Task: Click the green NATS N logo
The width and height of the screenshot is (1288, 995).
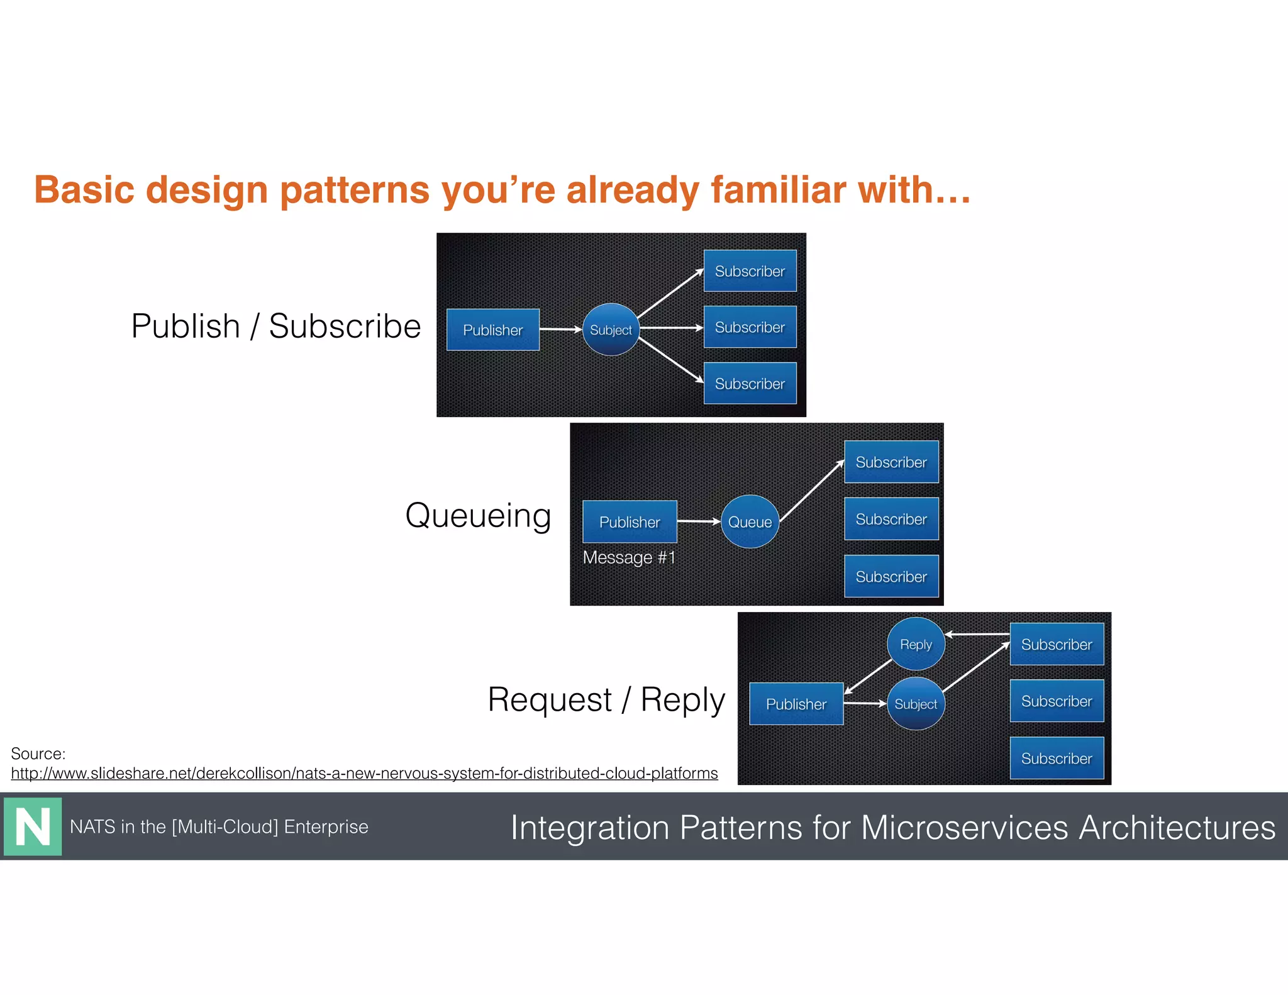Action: pyautogui.click(x=33, y=826)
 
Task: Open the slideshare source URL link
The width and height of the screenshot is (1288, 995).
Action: pyautogui.click(x=364, y=773)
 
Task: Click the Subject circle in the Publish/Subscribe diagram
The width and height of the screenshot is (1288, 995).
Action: pyautogui.click(x=610, y=330)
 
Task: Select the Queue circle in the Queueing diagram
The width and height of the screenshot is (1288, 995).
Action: pyautogui.click(x=750, y=521)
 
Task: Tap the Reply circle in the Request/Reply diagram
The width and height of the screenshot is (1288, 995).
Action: pyautogui.click(x=916, y=644)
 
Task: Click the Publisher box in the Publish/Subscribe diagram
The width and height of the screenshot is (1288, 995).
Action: pyautogui.click(x=492, y=330)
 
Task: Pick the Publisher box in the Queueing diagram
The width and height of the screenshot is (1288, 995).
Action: pyautogui.click(x=630, y=521)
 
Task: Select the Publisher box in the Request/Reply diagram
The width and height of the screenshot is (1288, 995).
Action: pyautogui.click(x=796, y=704)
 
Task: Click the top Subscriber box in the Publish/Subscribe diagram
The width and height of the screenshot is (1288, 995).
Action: pyautogui.click(x=750, y=271)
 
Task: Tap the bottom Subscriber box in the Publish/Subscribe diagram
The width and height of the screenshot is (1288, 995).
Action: pyautogui.click(x=750, y=383)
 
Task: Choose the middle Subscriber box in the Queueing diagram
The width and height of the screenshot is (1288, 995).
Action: pyautogui.click(x=891, y=519)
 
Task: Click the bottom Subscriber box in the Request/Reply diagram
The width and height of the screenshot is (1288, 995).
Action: pyautogui.click(x=1057, y=758)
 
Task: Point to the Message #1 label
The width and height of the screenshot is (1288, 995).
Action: pyautogui.click(x=629, y=557)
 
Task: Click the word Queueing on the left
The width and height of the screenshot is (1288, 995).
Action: pyautogui.click(x=478, y=516)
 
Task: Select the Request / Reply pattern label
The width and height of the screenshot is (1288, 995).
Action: pyautogui.click(x=606, y=699)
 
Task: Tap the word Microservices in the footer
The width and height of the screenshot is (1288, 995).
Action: pyautogui.click(x=964, y=827)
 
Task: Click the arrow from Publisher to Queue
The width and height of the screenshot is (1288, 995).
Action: pyautogui.click(x=698, y=521)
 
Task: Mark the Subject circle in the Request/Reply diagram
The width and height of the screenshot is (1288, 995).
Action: pyautogui.click(x=916, y=704)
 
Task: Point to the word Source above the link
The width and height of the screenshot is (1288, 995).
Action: pyautogui.click(x=37, y=753)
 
